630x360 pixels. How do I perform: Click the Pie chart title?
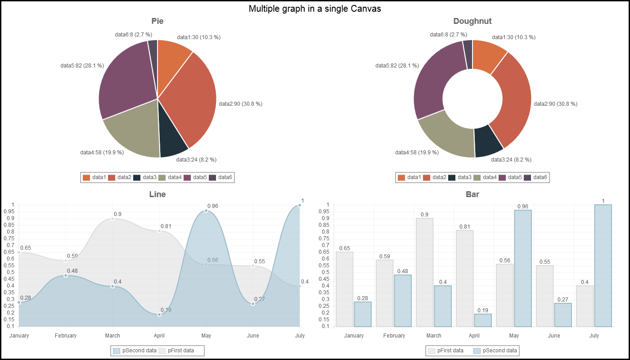click(157, 21)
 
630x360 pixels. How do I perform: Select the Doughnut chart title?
click(472, 21)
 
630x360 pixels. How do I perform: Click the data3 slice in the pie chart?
click(173, 144)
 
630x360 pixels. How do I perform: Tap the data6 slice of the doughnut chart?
click(468, 54)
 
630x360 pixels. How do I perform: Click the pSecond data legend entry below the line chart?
click(135, 351)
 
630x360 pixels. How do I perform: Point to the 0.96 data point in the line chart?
click(206, 211)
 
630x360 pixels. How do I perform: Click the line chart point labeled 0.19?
click(159, 315)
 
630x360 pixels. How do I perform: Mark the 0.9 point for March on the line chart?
click(112, 219)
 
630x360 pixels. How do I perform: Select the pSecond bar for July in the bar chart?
click(603, 265)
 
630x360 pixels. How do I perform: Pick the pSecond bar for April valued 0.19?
click(483, 320)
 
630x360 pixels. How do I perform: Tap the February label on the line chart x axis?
click(66, 336)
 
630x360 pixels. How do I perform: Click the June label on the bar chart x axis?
click(554, 336)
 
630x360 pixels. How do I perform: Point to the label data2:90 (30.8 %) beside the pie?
click(240, 104)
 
